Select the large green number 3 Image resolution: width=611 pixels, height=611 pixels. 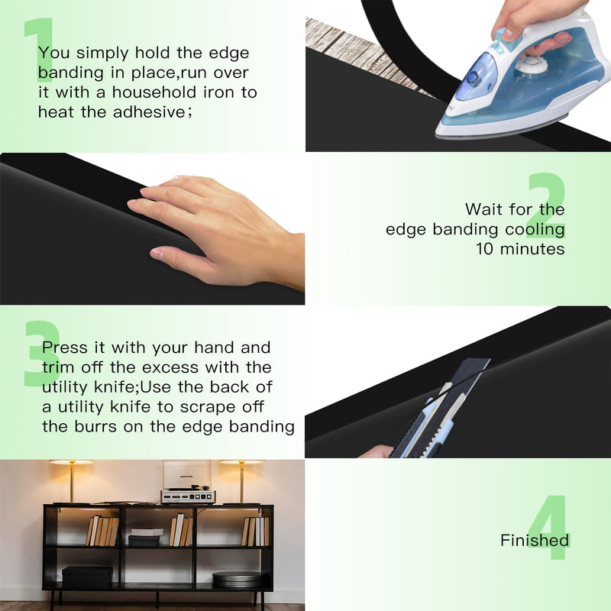coord(42,354)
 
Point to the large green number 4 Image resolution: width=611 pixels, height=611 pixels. coord(548,527)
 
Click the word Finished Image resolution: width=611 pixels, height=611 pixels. coord(535,541)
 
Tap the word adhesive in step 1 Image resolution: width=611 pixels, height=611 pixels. coord(150,112)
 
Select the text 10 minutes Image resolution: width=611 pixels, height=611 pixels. coord(520,249)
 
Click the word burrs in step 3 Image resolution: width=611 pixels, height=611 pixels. coord(95,426)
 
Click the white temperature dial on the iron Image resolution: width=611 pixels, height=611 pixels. coord(532,64)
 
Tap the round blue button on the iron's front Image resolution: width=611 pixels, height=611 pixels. coord(473,78)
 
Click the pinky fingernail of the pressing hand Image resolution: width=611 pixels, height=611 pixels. coord(157,254)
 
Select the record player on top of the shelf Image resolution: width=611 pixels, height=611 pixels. coord(188,495)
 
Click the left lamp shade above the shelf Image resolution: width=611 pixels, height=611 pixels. coord(72,462)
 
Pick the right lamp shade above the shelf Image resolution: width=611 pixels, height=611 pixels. coord(242,462)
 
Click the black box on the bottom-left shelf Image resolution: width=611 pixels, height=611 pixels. coord(87,577)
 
